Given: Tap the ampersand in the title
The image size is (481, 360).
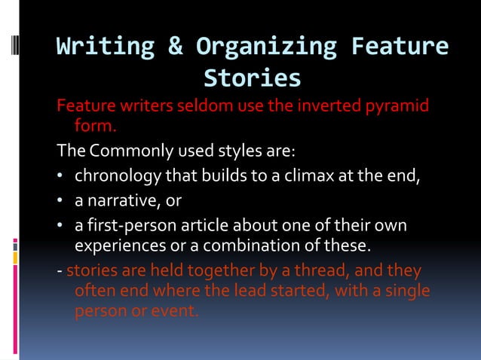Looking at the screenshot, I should click(175, 47).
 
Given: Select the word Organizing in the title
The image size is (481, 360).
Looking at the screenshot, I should click(266, 47).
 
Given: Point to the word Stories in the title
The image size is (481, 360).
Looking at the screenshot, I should click(252, 78).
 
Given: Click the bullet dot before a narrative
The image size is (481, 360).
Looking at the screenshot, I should click(61, 200).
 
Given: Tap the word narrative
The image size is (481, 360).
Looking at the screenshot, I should click(119, 200).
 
